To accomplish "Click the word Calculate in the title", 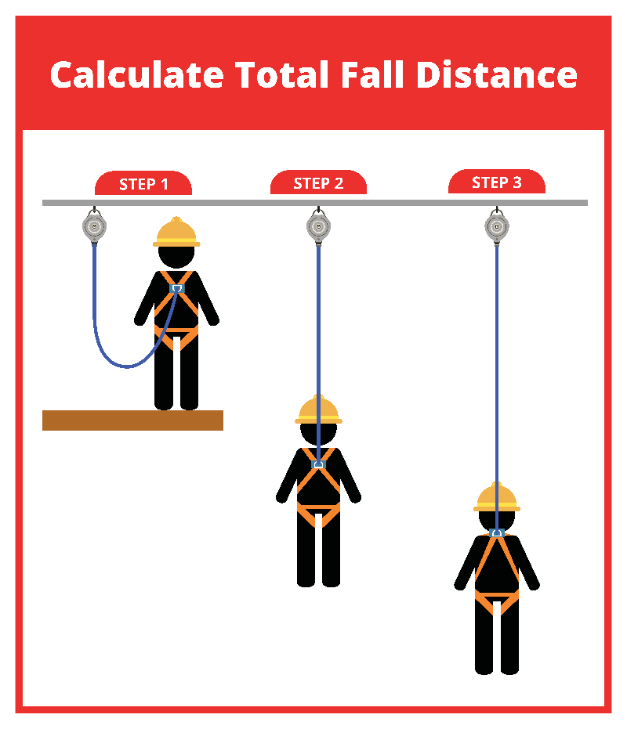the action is (x=137, y=74).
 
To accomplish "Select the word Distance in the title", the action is (x=497, y=74).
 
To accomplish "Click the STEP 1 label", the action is (x=143, y=184).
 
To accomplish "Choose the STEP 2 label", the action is (x=318, y=183).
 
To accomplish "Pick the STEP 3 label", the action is (x=497, y=182).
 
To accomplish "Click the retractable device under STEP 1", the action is (x=95, y=226).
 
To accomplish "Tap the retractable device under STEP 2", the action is (x=318, y=226).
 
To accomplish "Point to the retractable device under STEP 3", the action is (x=497, y=226).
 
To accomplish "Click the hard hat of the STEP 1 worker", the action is (x=176, y=232).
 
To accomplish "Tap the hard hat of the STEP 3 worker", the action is (x=497, y=497).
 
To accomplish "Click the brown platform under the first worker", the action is (x=132, y=420).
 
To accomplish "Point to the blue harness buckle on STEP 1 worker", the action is (x=177, y=289).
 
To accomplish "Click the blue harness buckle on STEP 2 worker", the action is (x=318, y=464).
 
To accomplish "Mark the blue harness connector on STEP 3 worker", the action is (x=497, y=532).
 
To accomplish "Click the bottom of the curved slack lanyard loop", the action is (x=127, y=366).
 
